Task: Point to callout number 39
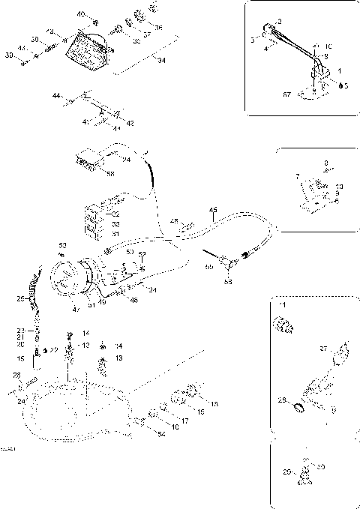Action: [8, 56]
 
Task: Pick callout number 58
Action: [110, 175]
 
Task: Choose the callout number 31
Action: [115, 234]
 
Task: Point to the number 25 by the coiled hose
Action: [20, 299]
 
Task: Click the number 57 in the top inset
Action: [286, 96]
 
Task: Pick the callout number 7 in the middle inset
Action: [298, 177]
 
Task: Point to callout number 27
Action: [323, 348]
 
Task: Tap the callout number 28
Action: [16, 375]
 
